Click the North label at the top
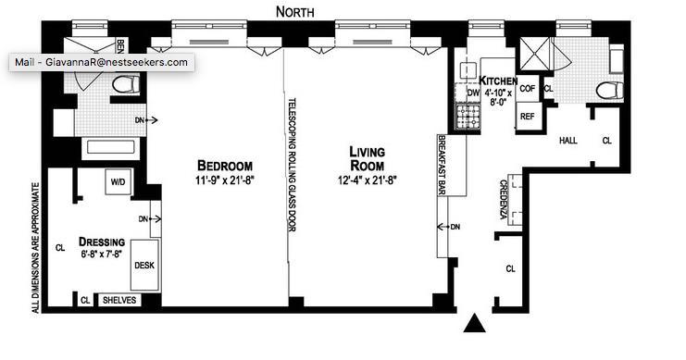tap(295, 12)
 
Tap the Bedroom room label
tap(225, 166)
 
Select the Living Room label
tap(367, 159)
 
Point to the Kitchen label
tap(498, 81)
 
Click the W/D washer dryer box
tap(118, 181)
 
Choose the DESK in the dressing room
tap(144, 265)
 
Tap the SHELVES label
tap(119, 300)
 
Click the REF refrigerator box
tap(528, 117)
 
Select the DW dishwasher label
tap(473, 93)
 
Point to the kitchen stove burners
tap(468, 117)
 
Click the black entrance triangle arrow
tap(475, 323)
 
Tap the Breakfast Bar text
tap(442, 165)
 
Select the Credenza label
tap(504, 199)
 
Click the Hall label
tap(568, 141)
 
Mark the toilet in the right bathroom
tap(610, 91)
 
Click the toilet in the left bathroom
tap(126, 84)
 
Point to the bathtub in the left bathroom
tap(110, 147)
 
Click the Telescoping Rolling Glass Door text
tap(292, 165)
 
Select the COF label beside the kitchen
tap(527, 88)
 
